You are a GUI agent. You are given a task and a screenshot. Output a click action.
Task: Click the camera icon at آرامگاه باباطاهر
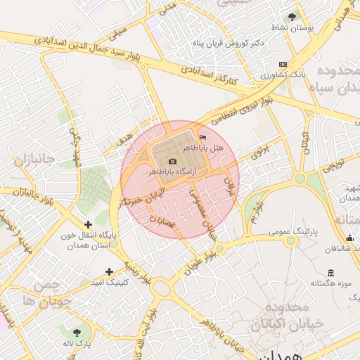point(172,161)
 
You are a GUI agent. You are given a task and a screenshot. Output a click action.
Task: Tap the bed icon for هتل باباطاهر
point(203,137)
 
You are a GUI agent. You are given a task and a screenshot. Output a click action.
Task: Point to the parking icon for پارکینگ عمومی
point(290,240)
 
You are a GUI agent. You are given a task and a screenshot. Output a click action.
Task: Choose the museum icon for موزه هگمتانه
point(330,273)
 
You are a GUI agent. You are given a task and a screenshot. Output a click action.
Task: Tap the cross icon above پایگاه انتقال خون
point(88,224)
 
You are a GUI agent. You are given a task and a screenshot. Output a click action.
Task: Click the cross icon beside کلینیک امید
point(109,271)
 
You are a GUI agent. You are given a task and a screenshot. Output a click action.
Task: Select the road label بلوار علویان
point(200,259)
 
